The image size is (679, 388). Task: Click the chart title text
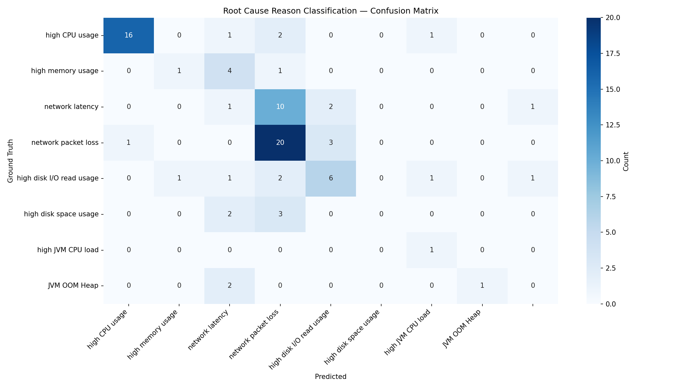coord(330,11)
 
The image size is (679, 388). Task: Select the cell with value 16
coord(129,35)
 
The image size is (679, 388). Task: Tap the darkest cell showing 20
coord(280,143)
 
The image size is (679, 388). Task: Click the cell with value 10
coord(280,107)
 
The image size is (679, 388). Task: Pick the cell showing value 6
coord(330,178)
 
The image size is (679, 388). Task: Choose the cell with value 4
coord(230,71)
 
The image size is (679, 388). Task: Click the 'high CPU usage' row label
coord(72,35)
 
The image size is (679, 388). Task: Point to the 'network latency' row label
coord(71,107)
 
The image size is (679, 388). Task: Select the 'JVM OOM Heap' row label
coord(73,286)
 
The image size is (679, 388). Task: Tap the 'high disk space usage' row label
coord(61,214)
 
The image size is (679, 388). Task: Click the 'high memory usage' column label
coord(153,334)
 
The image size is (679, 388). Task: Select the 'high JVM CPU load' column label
coord(407,332)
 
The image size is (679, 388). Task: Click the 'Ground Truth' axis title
coord(10,161)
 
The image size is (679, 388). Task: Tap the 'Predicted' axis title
coord(330,377)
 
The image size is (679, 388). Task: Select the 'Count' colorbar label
coord(626,161)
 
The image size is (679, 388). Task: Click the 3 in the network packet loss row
coord(330,143)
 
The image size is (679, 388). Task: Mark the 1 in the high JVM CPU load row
coord(432,250)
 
